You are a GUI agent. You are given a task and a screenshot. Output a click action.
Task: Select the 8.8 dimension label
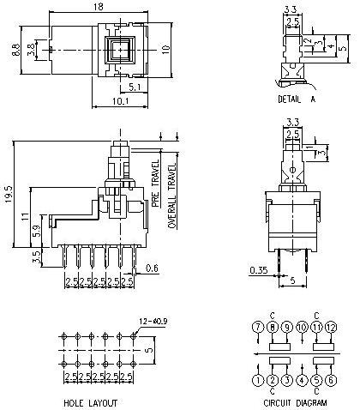(x=15, y=52)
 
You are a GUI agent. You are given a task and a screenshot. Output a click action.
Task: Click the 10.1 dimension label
(x=121, y=102)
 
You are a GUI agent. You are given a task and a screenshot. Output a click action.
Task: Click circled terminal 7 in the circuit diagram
(x=255, y=327)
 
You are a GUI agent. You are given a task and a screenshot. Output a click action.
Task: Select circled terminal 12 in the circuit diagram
(x=331, y=327)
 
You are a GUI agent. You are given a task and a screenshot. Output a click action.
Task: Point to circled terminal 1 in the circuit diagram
(x=255, y=380)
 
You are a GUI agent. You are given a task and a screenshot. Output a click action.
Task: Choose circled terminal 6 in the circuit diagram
(x=331, y=380)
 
